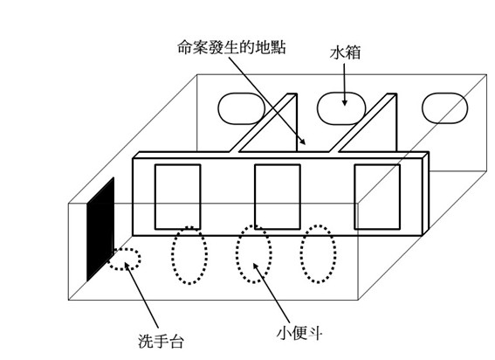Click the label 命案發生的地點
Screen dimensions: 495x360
pyautogui.click(x=231, y=47)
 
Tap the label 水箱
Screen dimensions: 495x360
pyautogui.click(x=345, y=52)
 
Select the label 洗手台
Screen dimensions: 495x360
pyautogui.click(x=161, y=341)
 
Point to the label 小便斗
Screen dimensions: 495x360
pyautogui.click(x=299, y=333)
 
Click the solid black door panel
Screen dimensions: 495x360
pyautogui.click(x=100, y=229)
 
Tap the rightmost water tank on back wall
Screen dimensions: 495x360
pyautogui.click(x=444, y=108)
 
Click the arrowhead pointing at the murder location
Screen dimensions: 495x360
pyautogui.click(x=302, y=141)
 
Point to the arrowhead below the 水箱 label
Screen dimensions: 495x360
pyautogui.click(x=345, y=101)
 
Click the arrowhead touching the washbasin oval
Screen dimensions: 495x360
pyautogui.click(x=127, y=267)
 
